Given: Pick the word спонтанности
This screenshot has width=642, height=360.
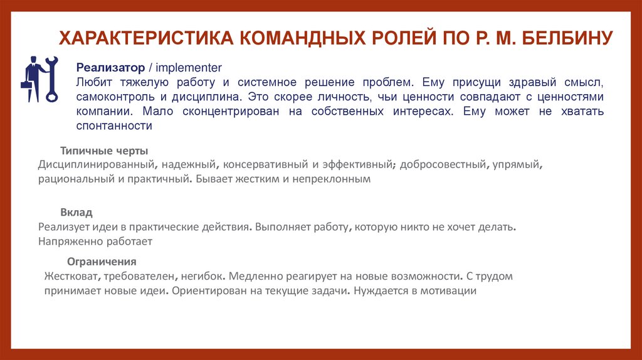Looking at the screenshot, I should (x=115, y=125).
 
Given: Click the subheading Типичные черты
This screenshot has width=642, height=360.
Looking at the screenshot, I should (x=104, y=151).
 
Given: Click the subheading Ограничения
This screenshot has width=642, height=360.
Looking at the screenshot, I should (x=102, y=262).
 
